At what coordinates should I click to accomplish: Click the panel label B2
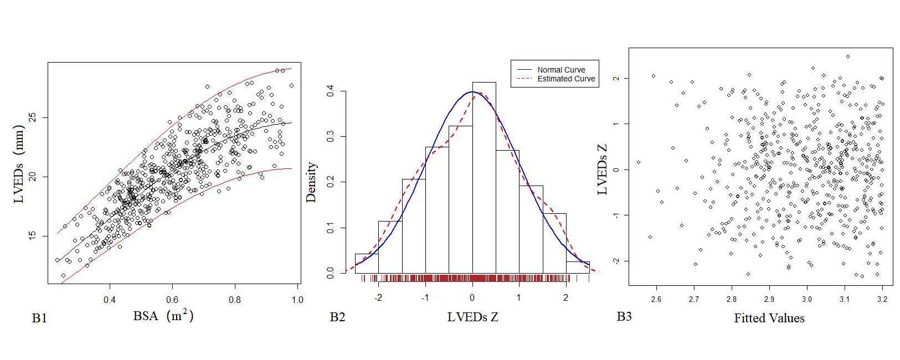coord(337,317)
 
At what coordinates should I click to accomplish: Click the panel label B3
coord(624,316)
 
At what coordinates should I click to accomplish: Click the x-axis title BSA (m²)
coord(163,316)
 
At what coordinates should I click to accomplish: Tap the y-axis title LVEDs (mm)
coord(19,164)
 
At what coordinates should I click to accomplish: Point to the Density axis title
coord(311,182)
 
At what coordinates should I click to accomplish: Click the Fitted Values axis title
coord(769,318)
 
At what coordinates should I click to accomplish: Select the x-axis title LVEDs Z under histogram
coord(472,317)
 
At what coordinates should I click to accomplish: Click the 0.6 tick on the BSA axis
coord(172,300)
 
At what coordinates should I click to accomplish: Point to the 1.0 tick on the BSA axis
coord(297,300)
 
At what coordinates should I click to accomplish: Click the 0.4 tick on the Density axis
coord(331,91)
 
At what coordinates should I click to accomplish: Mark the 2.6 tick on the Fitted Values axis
coord(656,299)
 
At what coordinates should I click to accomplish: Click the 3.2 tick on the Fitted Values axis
coord(882,299)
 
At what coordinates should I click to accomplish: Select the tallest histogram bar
coord(484,177)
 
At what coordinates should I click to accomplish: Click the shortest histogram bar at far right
coord(578,267)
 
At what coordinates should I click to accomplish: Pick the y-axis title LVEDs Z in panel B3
coord(603,169)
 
